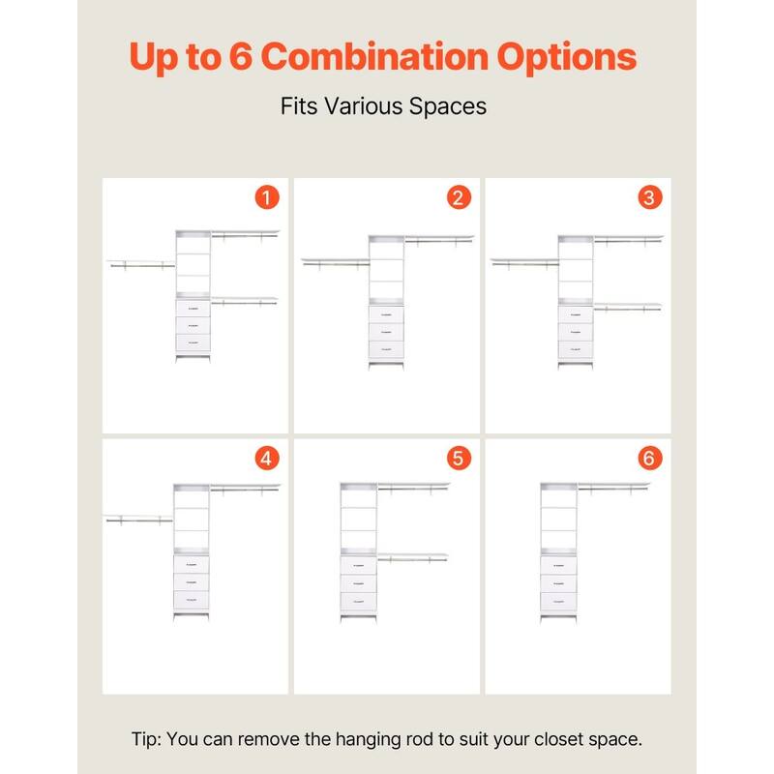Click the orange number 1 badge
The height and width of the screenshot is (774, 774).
[x=267, y=198]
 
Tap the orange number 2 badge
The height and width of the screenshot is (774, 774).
[x=459, y=198]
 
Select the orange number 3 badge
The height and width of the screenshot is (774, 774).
[x=649, y=198]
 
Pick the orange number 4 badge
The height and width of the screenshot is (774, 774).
[x=267, y=459]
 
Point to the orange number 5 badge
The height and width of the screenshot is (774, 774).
[x=459, y=459]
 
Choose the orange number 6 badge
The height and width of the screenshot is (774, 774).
[x=649, y=459]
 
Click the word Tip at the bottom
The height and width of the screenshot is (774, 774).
[x=147, y=739]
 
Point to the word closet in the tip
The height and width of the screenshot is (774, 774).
[x=528, y=739]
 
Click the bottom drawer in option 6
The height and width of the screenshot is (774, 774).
[x=558, y=603]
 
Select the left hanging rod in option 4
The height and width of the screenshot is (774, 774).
[x=137, y=521]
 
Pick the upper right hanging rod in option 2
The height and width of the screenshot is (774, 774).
[x=438, y=240]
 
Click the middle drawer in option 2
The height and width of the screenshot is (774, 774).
[x=385, y=331]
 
